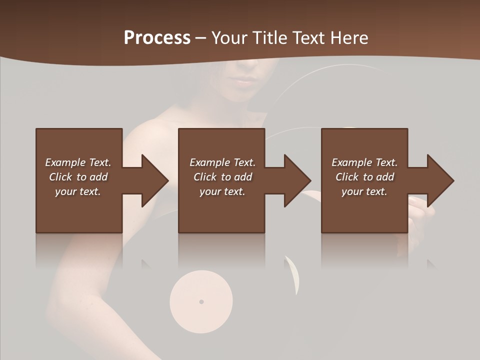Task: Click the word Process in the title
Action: click(157, 38)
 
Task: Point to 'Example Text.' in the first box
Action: click(78, 162)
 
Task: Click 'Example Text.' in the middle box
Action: click(222, 162)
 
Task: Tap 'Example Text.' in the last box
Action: click(364, 162)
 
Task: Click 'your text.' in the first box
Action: click(78, 191)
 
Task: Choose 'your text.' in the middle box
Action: click(222, 191)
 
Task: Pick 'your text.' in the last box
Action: click(364, 191)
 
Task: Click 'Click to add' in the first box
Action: click(78, 177)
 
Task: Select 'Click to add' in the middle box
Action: click(222, 177)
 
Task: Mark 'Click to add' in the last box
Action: click(364, 177)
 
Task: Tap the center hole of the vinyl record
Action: click(201, 301)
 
